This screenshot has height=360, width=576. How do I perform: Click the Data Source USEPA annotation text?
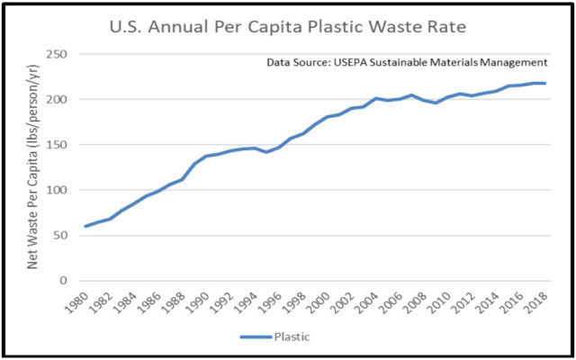click(x=407, y=63)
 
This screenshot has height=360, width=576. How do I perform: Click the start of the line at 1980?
click(x=85, y=226)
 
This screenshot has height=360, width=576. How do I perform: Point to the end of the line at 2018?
click(x=545, y=84)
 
